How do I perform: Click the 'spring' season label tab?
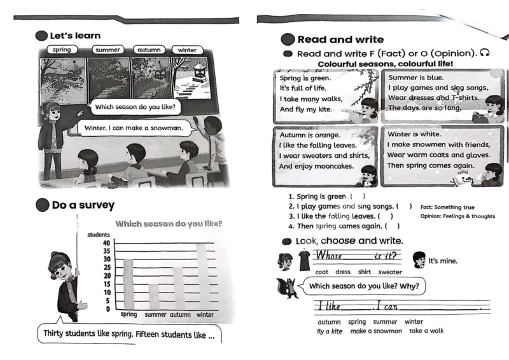[x=62, y=50]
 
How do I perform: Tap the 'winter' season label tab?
[x=187, y=50]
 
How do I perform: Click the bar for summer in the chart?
[x=154, y=296]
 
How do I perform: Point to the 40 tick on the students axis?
[x=106, y=243]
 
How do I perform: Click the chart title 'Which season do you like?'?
[x=169, y=224]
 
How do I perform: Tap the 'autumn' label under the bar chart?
[x=180, y=315]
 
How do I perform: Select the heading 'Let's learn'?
[x=75, y=36]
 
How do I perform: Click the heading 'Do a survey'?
[x=83, y=205]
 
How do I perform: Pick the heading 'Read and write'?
[x=340, y=39]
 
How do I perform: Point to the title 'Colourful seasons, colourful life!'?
[x=385, y=64]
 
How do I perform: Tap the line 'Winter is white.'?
[x=414, y=134]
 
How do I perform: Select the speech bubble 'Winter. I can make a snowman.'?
[x=134, y=128]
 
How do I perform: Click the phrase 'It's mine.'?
[x=443, y=261]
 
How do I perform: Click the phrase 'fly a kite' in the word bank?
[x=330, y=331]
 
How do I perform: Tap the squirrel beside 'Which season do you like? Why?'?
[x=289, y=288]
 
